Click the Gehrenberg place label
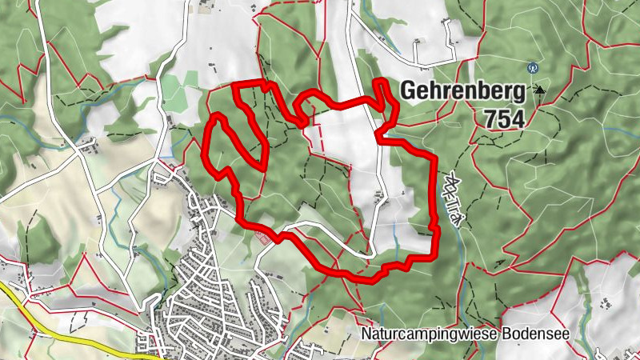pos(463,90)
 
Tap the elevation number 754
pos(504,119)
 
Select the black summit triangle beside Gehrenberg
pos(540,90)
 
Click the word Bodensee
pos(536,334)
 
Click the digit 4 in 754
pos(518,119)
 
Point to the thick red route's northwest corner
pos(234,85)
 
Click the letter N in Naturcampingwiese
pos(365,334)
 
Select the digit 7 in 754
pos(490,119)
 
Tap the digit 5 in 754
pos(504,119)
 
